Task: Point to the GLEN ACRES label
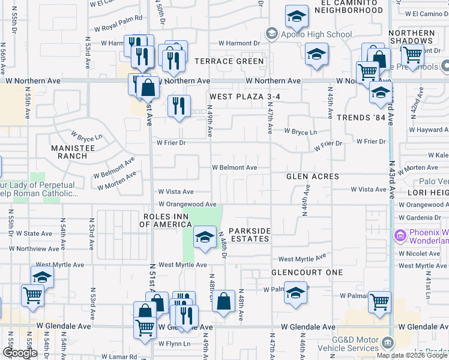click(313, 176)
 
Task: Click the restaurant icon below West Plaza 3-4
click(179, 106)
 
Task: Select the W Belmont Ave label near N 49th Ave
click(234, 168)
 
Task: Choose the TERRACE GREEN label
click(229, 61)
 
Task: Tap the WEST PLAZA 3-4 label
click(245, 97)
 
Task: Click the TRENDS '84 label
click(360, 118)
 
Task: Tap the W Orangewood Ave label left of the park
click(187, 205)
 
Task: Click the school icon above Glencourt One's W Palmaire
click(294, 295)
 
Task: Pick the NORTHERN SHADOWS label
click(412, 37)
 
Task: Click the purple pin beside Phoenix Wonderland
click(399, 235)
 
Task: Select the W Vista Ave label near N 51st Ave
click(175, 192)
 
